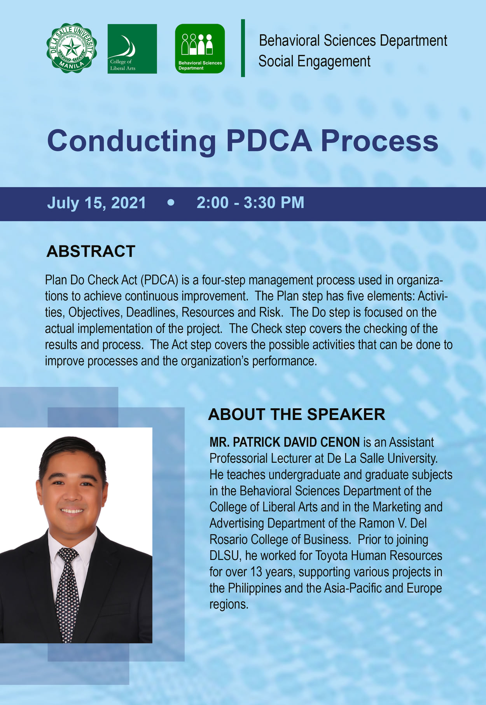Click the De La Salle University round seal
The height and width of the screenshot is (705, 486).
coord(72,48)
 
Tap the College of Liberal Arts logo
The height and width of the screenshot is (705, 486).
coord(132,49)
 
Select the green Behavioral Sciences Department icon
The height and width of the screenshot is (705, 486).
coord(200,49)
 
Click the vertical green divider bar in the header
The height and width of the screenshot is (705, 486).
coord(243,48)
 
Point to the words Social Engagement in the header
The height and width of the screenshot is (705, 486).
coord(314,61)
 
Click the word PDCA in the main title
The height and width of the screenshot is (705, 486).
coord(269,141)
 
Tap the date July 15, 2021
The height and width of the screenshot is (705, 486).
coord(96,203)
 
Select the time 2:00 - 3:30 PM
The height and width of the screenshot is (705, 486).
coord(250,203)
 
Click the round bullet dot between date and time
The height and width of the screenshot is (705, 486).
coord(171,203)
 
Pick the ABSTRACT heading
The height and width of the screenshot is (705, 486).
coord(91,251)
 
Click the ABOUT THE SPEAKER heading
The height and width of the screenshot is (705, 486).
coord(297,415)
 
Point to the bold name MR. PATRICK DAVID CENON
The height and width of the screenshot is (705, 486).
coord(285,442)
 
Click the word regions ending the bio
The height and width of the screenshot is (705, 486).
coord(229,605)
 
